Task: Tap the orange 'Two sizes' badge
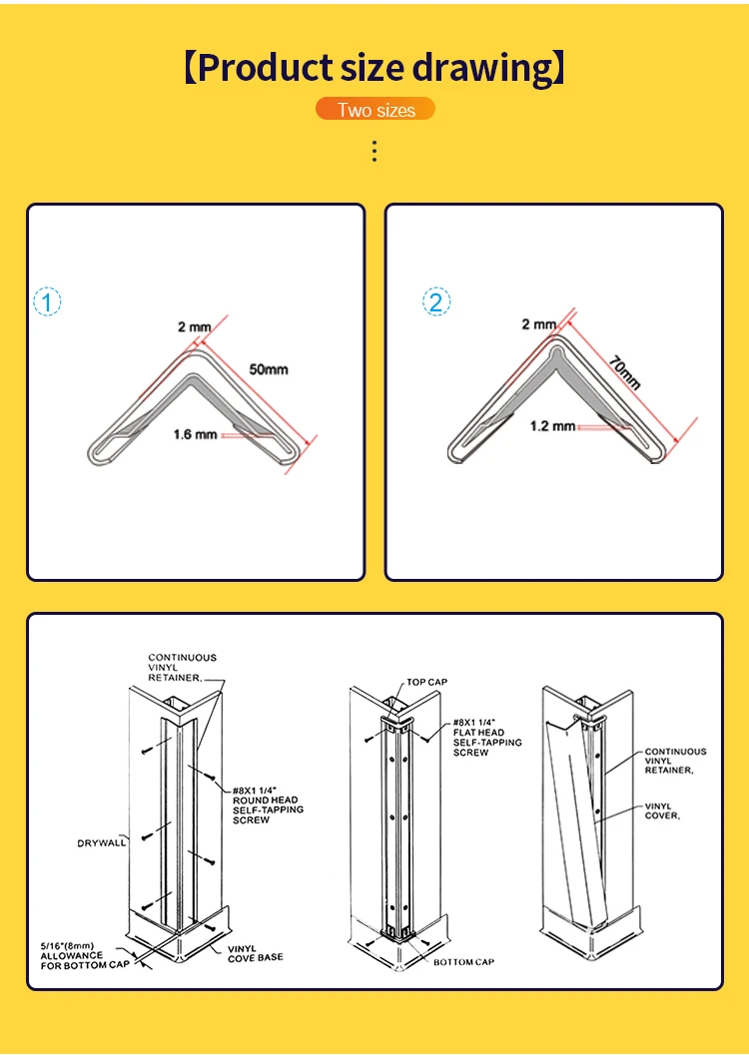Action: [375, 109]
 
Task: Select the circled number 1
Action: [47, 301]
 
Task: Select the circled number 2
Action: [436, 301]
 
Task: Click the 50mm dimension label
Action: [269, 369]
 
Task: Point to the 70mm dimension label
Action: [625, 372]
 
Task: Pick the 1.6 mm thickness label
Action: [195, 434]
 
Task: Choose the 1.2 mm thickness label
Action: [552, 426]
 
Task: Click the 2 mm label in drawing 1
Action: [195, 327]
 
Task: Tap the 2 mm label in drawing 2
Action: [539, 324]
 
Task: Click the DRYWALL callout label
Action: [102, 843]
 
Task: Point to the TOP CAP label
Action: [426, 682]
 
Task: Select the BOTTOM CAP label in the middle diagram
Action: [463, 962]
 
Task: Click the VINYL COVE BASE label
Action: [255, 953]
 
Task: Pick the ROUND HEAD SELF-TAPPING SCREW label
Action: [268, 805]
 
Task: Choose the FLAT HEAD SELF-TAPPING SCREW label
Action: [487, 738]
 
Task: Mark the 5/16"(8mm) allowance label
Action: [85, 955]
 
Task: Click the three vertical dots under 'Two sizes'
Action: [374, 152]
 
